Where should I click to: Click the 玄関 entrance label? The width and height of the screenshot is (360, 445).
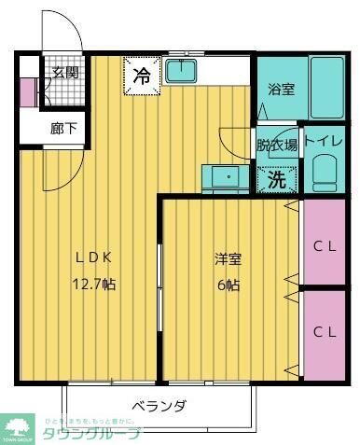pos(64,73)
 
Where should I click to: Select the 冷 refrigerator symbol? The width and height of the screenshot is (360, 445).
pos(142,76)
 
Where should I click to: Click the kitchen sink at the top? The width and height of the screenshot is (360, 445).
pos(181,71)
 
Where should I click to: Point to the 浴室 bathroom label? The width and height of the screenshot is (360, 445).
pos(282,90)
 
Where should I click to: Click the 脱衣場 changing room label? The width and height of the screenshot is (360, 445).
pos(278,145)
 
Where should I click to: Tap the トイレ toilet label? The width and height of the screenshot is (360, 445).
pos(323,143)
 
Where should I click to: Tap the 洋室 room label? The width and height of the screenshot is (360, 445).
pos(228,258)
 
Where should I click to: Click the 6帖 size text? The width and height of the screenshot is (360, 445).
pos(228,283)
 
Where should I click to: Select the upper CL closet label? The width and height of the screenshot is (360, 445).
pos(325,247)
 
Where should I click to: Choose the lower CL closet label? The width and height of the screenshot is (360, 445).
pos(325,332)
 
